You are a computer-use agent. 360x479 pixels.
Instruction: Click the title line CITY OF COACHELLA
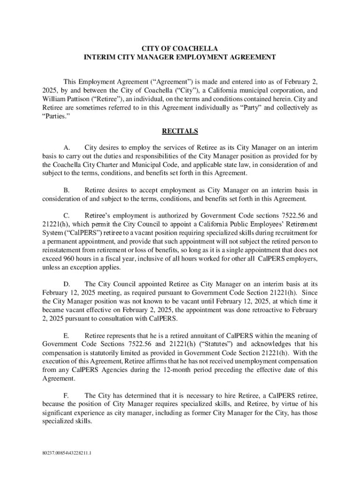(x=180, y=48)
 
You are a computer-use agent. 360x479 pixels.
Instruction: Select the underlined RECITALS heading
(x=180, y=131)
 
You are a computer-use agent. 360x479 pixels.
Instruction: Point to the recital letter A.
(x=66, y=147)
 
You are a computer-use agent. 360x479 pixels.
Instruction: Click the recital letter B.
(x=66, y=190)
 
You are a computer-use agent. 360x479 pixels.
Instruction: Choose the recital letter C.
(x=66, y=216)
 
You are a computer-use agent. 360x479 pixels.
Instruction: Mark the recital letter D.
(x=66, y=284)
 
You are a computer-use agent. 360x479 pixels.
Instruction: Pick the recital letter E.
(x=66, y=335)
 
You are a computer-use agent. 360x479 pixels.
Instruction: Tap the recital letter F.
(x=66, y=395)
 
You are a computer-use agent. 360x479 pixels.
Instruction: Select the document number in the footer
(x=66, y=453)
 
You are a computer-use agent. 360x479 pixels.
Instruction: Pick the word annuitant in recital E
(x=196, y=335)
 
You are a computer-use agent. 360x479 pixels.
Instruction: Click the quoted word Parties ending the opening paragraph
(x=54, y=116)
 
